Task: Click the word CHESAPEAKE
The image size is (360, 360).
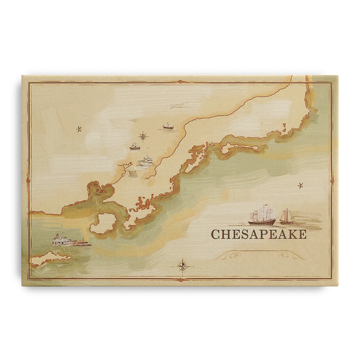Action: point(259,235)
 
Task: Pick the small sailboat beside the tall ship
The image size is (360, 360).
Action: point(286,216)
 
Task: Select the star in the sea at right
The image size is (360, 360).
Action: point(300,185)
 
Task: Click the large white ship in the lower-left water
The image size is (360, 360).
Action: point(63,239)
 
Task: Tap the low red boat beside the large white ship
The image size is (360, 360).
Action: point(82,243)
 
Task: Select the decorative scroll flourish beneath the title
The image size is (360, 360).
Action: point(258,255)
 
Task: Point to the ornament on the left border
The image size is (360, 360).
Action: point(28,180)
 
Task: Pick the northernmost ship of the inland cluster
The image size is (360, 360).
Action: point(168,126)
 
